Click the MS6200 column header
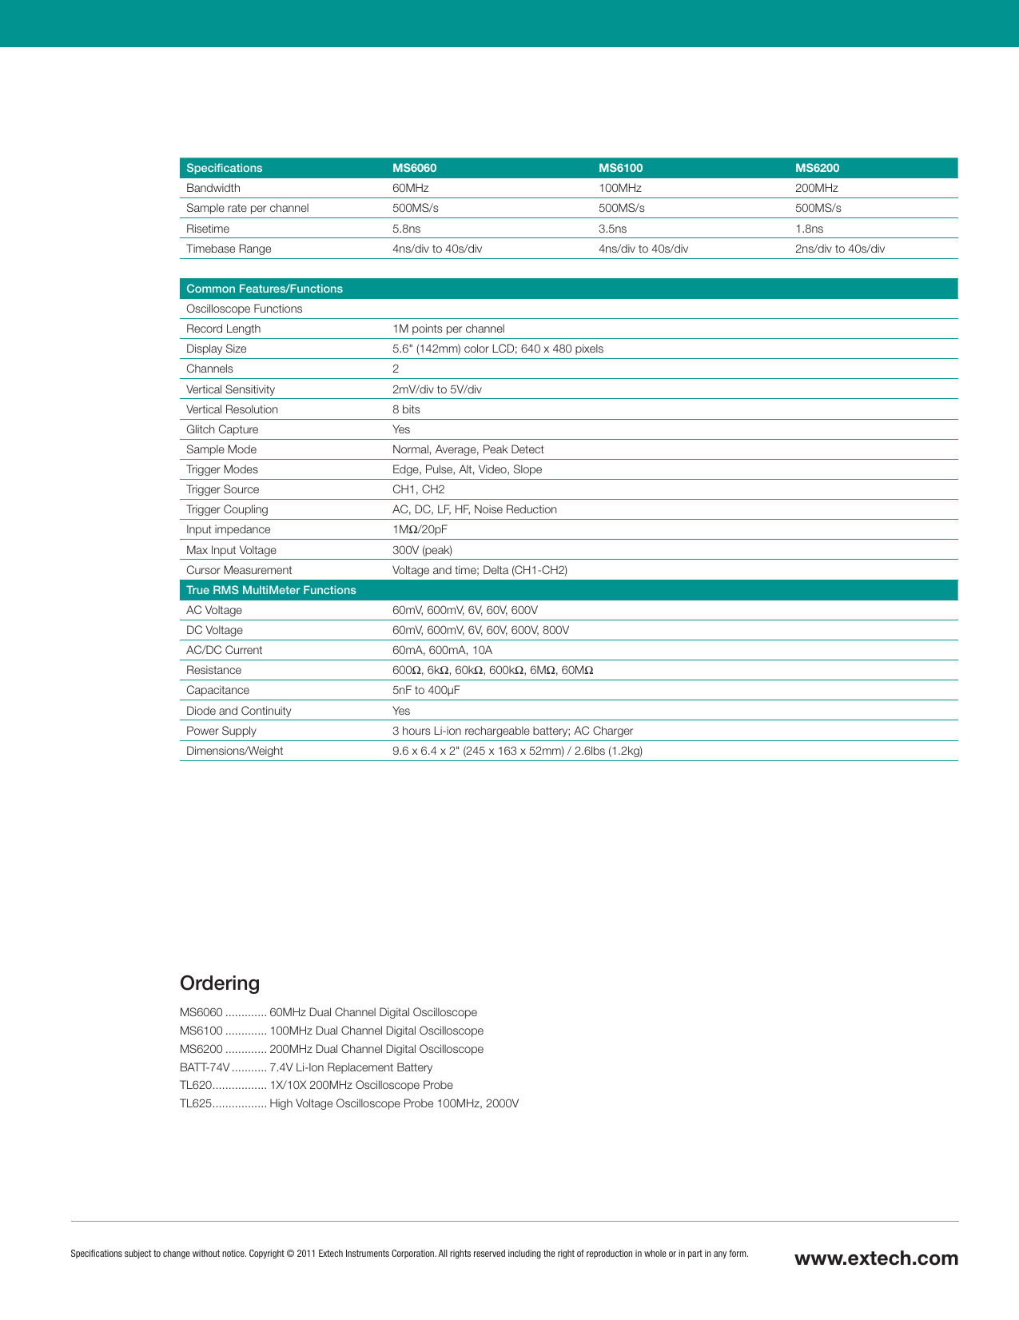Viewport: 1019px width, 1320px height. [817, 168]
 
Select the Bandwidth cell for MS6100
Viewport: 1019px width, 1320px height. [619, 188]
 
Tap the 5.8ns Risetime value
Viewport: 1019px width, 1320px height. [406, 229]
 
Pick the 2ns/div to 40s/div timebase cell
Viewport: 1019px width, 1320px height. [839, 249]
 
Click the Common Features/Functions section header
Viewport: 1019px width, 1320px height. [264, 289]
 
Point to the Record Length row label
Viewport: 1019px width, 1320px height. [223, 329]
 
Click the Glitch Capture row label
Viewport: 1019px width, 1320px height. [222, 429]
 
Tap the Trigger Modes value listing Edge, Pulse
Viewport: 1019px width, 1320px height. [467, 469]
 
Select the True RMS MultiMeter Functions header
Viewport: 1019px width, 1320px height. [271, 590]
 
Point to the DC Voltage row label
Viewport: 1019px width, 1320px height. [214, 630]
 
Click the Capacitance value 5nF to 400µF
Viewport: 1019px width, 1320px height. [426, 690]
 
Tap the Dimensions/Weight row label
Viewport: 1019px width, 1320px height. [234, 751]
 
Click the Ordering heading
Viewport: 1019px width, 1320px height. [220, 983]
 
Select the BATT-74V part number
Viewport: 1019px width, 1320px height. [205, 1067]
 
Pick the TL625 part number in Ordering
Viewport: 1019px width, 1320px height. [195, 1103]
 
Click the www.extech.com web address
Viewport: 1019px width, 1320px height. [876, 1258]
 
